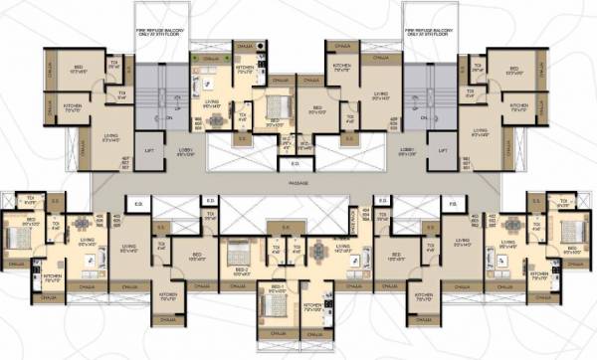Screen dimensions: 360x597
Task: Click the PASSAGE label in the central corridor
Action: (299, 185)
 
